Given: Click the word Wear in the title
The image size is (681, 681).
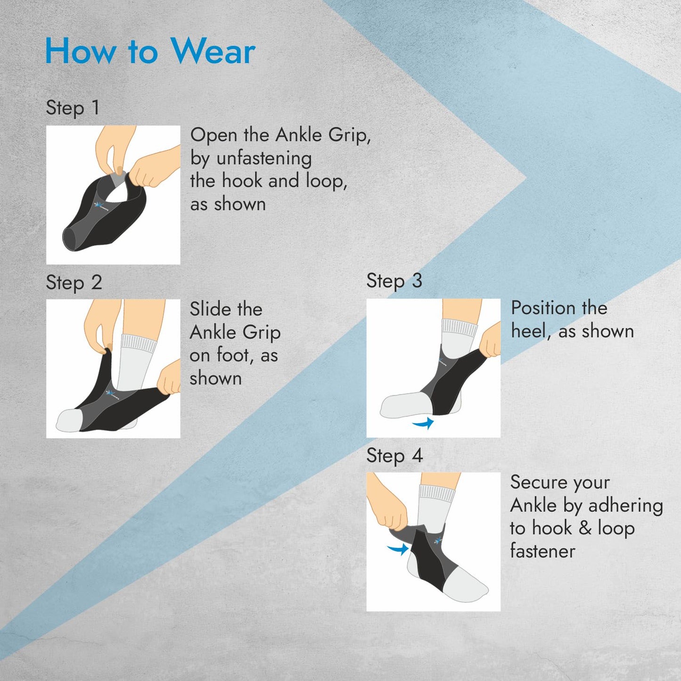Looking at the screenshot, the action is [x=213, y=51].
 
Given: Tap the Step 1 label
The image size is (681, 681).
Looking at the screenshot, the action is [x=73, y=108].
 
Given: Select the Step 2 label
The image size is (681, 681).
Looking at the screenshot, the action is [x=74, y=283].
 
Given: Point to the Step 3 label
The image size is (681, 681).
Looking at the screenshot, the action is [x=394, y=281].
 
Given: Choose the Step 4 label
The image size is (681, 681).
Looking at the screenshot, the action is [x=395, y=456].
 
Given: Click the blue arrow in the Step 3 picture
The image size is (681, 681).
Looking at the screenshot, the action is [x=423, y=423].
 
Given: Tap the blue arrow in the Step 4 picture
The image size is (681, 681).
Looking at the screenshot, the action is [x=398, y=549].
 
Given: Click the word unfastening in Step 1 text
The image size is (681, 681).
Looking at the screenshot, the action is [x=264, y=158].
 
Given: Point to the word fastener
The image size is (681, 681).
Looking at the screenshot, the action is [x=543, y=551].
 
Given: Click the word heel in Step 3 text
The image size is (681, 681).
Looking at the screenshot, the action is [x=529, y=331].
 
